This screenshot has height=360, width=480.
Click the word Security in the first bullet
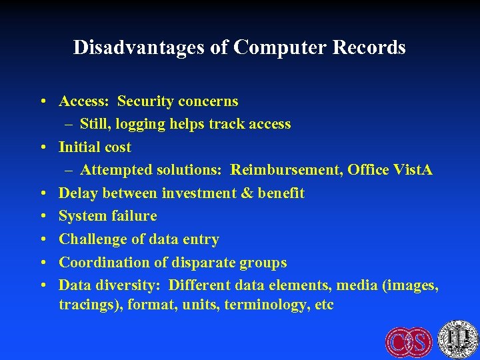coord(145,101)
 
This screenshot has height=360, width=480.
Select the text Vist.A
coord(413,170)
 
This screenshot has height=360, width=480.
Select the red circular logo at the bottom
coord(409,341)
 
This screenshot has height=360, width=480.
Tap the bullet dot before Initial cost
coord(42,147)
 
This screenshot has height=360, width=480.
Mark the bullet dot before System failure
coord(42,217)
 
